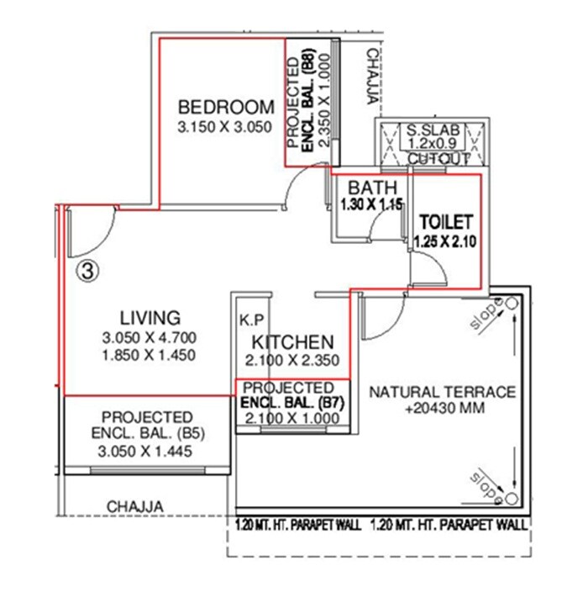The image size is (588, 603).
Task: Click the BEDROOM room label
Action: coord(226,107)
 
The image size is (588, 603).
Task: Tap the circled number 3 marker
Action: coord(87,270)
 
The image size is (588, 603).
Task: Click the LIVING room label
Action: coord(150,318)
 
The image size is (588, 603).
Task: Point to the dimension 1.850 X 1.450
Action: coord(150,355)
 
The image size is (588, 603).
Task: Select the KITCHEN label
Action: coord(293,342)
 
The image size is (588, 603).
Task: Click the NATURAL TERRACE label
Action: coord(442,392)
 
